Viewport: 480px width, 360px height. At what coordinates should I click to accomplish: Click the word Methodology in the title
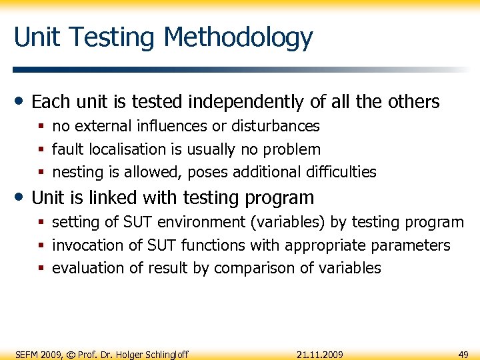tap(238, 38)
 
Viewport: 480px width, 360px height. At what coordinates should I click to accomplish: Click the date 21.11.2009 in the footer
tap(320, 354)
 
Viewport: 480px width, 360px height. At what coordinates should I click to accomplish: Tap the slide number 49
tap(464, 354)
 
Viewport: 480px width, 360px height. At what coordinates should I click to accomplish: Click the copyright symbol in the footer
tap(71, 354)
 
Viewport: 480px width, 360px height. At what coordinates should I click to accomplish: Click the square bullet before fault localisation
tap(41, 150)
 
